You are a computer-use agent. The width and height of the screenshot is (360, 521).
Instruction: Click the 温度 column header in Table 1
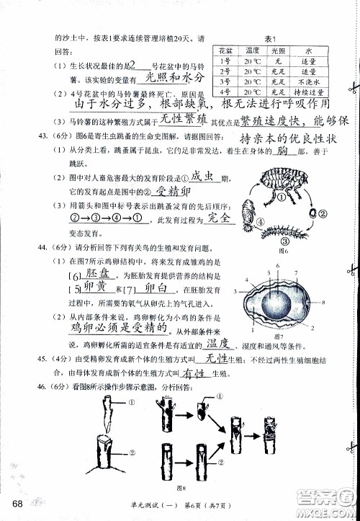click(x=252, y=52)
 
